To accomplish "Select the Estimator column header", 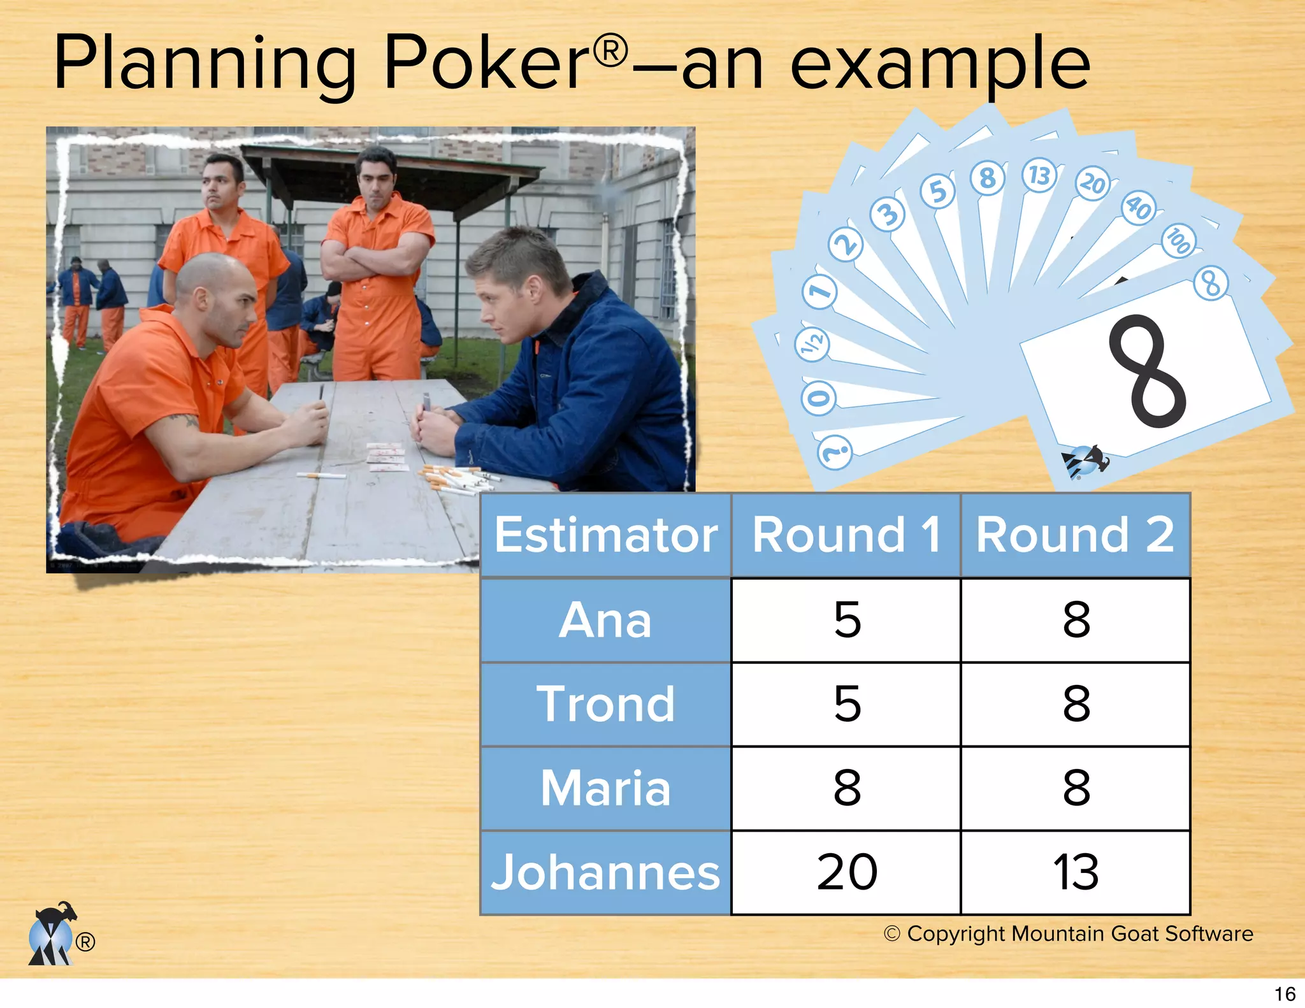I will tap(605, 535).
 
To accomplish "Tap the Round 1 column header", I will tap(846, 535).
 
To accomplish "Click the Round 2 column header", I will tap(1075, 535).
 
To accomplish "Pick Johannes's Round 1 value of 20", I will tap(847, 872).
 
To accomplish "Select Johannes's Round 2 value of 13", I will tap(1076, 872).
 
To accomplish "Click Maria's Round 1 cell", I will tap(847, 788).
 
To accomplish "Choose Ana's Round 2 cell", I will tap(1076, 619).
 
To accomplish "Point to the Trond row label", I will tap(605, 704).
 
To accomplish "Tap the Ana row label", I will tap(605, 620).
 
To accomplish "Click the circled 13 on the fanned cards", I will tap(1039, 175).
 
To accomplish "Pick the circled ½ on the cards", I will tap(813, 344).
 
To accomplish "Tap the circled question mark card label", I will tap(835, 452).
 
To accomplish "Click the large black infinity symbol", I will tap(1147, 371).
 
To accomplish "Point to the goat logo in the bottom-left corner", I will tap(52, 933).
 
